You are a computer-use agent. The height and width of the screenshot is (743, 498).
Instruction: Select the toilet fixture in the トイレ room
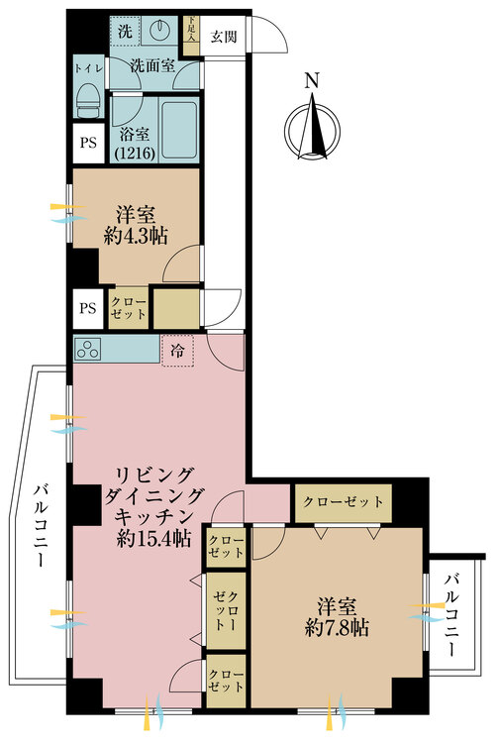(87, 100)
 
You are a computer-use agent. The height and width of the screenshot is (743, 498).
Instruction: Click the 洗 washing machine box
(126, 30)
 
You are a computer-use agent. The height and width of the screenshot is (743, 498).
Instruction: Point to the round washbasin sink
(162, 32)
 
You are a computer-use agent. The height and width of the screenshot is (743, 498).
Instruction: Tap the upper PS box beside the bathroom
(88, 141)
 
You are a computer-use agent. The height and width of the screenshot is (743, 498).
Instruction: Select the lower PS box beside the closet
(88, 307)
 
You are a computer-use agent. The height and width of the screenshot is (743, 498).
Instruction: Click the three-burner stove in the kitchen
(87, 349)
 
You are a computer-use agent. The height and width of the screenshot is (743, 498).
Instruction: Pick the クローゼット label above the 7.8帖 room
(344, 501)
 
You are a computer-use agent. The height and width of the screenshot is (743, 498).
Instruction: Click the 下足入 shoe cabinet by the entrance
(193, 31)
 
